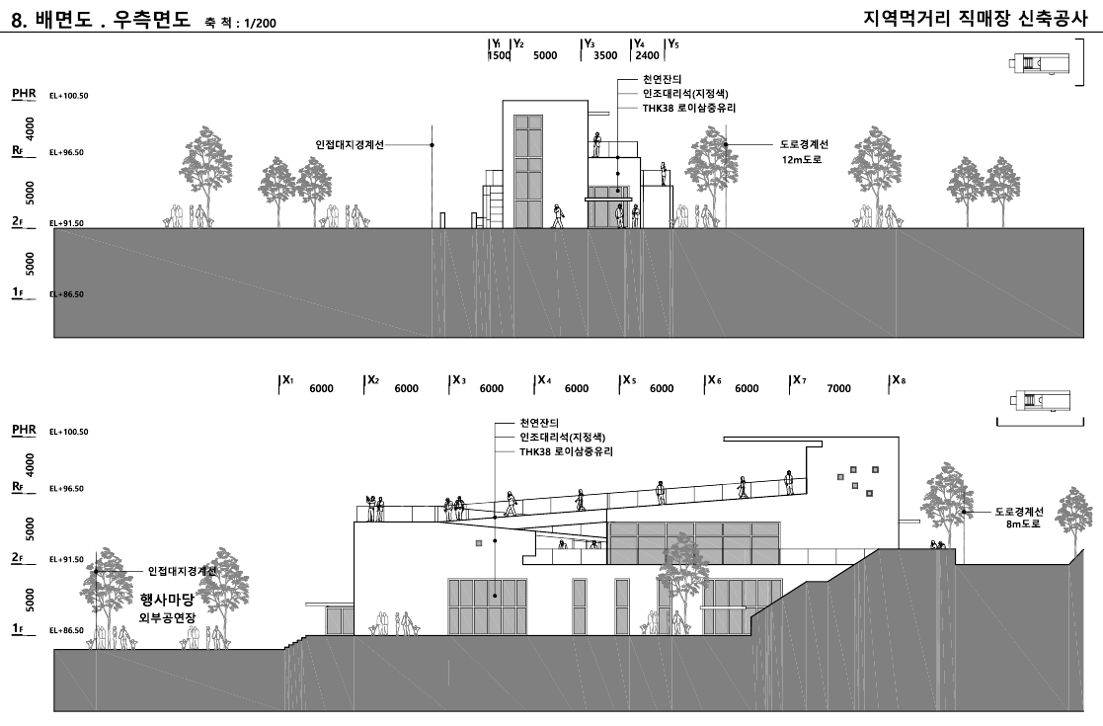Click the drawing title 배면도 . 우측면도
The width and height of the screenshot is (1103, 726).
click(113, 19)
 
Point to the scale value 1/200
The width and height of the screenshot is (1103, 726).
click(261, 24)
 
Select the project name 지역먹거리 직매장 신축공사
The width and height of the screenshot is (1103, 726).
click(976, 19)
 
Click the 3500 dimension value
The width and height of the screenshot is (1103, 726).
click(605, 55)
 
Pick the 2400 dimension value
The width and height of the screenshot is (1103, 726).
click(647, 55)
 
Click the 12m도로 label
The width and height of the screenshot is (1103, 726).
click(802, 160)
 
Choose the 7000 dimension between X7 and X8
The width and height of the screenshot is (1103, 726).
click(838, 388)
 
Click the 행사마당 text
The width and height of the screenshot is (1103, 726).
click(167, 600)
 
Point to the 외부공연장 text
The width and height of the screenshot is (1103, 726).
click(168, 617)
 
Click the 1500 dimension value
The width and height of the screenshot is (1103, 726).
click(500, 55)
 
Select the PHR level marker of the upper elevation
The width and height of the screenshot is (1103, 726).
click(24, 94)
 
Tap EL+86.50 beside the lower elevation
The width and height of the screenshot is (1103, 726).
click(66, 630)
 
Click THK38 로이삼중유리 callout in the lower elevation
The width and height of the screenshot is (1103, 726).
click(566, 451)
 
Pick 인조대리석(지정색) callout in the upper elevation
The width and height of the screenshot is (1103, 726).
click(685, 94)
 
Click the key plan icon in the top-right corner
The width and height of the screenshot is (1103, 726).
click(1039, 62)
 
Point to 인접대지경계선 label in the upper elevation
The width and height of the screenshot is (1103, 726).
click(350, 145)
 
